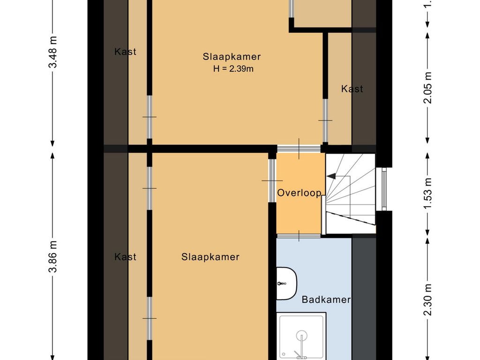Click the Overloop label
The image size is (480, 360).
point(299,193)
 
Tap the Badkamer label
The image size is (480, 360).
point(326,300)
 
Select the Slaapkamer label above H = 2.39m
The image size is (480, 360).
point(232,57)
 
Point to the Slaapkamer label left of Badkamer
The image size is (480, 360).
point(210,257)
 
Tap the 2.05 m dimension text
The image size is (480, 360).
point(427,89)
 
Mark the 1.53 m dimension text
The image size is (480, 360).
point(427,193)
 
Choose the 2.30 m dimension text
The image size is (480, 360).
point(427,300)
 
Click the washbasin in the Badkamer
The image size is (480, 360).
point(286,284)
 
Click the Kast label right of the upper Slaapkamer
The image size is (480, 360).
point(352,89)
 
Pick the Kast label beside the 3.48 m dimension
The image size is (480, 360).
point(125,52)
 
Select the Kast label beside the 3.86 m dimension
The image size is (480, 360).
point(125,257)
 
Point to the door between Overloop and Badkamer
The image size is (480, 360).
point(299,235)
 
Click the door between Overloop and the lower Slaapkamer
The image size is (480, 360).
point(272,180)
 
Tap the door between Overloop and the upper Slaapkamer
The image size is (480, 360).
point(299,149)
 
